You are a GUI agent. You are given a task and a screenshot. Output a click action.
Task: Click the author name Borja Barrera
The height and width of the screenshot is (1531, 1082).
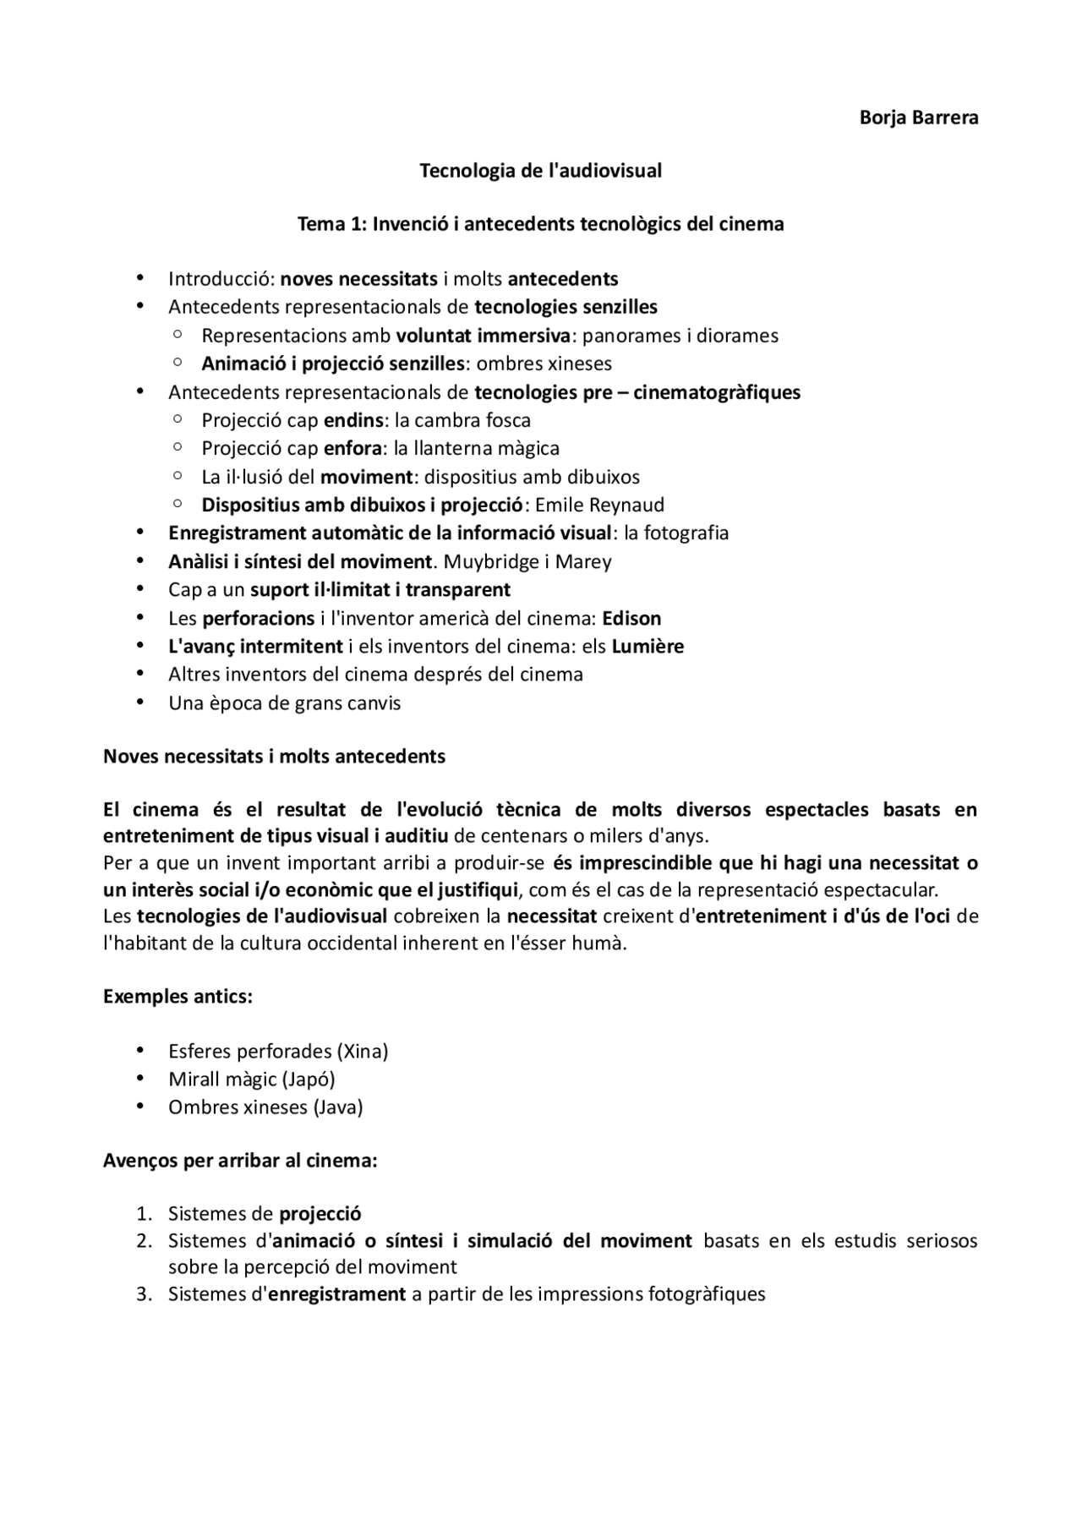click(918, 118)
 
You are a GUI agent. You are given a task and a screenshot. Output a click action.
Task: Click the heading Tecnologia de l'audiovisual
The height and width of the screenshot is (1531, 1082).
click(540, 171)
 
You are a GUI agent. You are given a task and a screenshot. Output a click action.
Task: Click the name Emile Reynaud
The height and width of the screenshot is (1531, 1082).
click(599, 506)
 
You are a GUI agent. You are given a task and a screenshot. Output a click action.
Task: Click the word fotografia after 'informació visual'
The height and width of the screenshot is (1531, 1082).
click(686, 533)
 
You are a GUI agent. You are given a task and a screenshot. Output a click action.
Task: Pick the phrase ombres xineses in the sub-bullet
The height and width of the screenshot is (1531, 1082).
click(544, 364)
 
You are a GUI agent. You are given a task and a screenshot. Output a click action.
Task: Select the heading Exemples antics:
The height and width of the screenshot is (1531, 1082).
click(178, 996)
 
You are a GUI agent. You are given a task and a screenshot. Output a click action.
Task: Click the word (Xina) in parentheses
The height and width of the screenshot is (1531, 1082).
click(362, 1052)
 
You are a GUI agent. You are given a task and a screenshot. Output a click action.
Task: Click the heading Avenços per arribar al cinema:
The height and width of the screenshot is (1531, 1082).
click(239, 1161)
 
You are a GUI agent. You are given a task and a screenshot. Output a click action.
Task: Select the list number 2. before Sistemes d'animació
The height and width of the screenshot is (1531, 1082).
click(144, 1241)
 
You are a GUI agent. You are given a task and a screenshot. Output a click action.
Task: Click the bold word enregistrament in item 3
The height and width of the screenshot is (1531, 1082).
click(336, 1294)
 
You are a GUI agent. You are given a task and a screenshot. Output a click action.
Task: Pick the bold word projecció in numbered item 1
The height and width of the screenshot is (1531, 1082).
click(320, 1214)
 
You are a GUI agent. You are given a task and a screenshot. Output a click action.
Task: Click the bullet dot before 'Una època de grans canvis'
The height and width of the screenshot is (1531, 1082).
click(140, 703)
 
